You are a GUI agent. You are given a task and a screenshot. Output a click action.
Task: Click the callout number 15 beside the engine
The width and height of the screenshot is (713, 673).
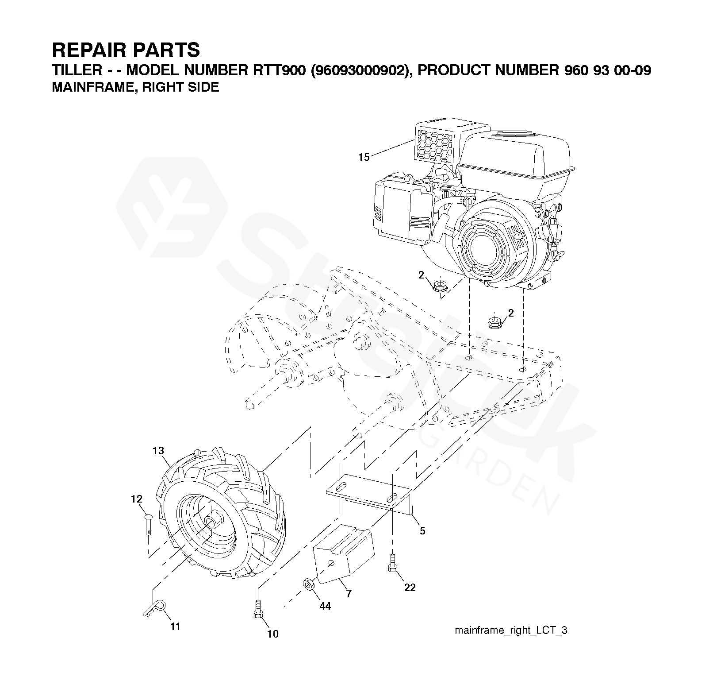(x=364, y=157)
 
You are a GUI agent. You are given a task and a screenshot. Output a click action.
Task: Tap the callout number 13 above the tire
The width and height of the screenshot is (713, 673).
(x=158, y=451)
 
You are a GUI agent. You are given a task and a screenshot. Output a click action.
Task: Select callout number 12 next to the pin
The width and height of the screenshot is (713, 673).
(x=137, y=499)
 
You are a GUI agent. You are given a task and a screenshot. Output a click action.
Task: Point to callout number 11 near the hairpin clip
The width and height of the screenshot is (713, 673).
(x=176, y=627)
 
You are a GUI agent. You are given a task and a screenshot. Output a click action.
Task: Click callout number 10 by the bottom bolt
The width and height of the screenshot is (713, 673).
(x=273, y=634)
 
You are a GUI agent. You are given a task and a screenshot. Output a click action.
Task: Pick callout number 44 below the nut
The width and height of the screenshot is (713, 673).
(x=325, y=606)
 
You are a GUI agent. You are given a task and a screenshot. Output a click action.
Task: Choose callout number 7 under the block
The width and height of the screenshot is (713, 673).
(x=349, y=594)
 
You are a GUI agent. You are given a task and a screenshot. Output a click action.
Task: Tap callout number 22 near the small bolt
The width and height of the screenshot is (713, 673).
(x=410, y=588)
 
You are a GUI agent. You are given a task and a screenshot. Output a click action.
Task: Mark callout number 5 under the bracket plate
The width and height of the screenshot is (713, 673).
(x=422, y=530)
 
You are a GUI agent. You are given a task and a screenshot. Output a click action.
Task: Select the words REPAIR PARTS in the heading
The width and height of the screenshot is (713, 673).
(x=126, y=50)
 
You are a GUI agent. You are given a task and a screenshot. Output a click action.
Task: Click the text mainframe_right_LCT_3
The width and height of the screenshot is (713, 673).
(x=511, y=630)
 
